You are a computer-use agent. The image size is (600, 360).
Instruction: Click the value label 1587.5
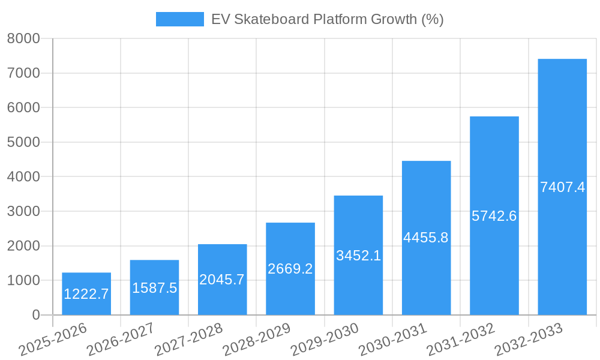[x=154, y=288]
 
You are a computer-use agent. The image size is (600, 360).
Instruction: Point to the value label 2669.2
[x=290, y=269]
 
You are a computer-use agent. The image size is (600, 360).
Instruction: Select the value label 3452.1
[x=358, y=256]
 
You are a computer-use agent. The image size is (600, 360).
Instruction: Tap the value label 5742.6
[x=494, y=216]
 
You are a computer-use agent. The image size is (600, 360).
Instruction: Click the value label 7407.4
[x=562, y=187]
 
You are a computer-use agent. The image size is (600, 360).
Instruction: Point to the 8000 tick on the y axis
[x=23, y=39]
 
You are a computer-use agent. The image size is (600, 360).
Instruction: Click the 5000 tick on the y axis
[x=23, y=142]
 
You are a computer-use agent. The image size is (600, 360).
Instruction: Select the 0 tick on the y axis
[x=35, y=315]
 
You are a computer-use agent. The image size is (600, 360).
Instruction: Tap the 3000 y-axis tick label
[x=23, y=211]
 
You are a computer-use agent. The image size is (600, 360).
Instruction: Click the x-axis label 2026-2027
[x=121, y=340]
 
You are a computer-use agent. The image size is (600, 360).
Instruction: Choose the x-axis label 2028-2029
[x=257, y=340]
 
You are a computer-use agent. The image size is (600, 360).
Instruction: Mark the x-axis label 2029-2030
[x=325, y=340]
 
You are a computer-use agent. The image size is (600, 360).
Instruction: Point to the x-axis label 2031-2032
[x=461, y=340]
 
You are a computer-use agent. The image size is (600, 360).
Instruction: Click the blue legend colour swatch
[x=179, y=19]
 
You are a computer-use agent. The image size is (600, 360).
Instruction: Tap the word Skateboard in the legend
[x=271, y=19]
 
